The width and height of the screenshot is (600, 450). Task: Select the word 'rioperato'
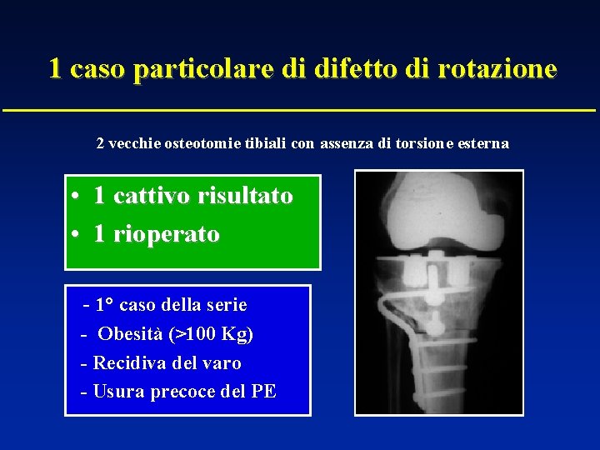[167, 234]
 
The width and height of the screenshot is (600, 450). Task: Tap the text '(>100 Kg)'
[211, 334]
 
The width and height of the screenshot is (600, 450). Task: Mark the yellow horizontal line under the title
[300, 110]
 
